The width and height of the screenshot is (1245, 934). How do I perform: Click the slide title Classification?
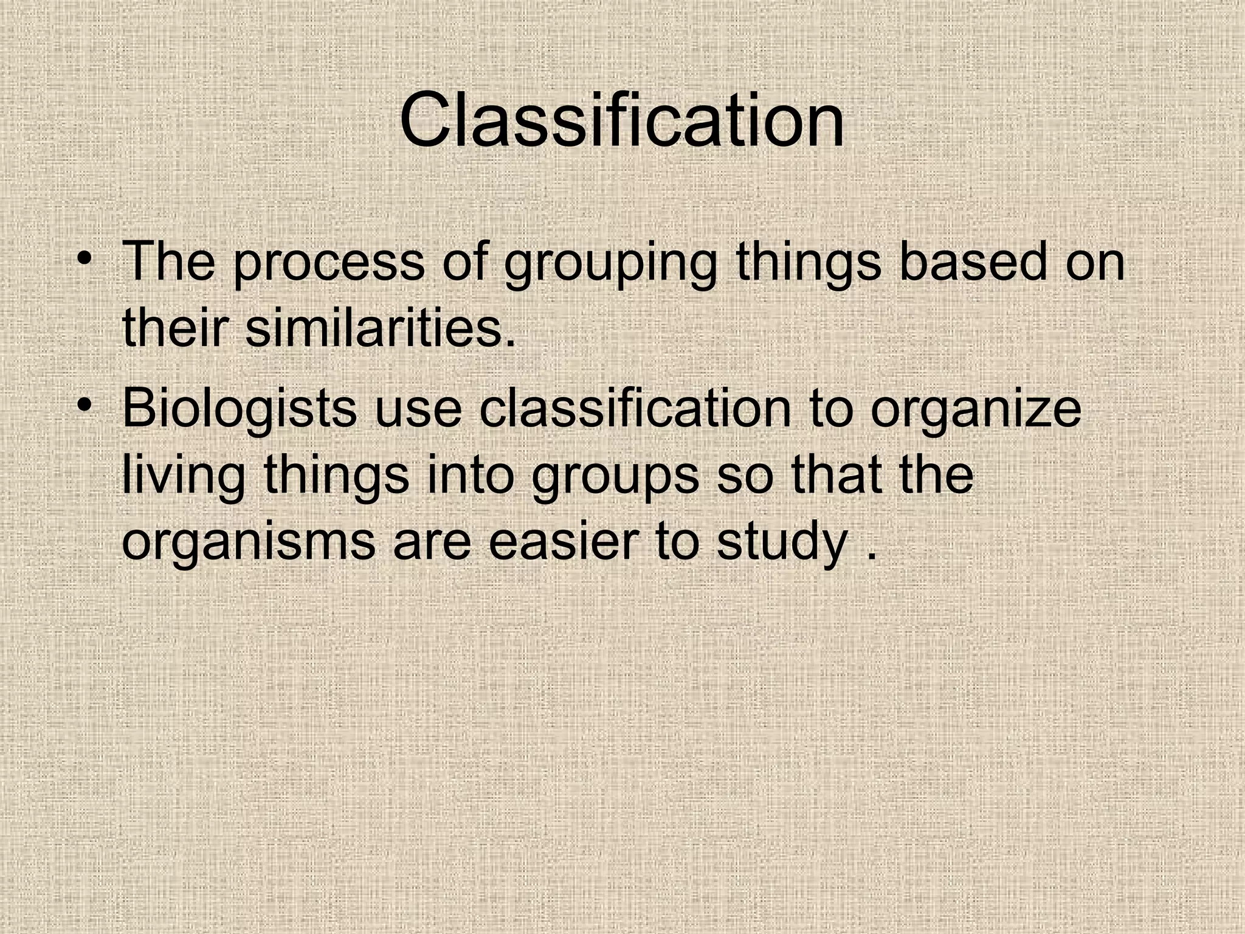tap(622, 120)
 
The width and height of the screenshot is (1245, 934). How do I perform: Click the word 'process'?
tap(329, 263)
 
